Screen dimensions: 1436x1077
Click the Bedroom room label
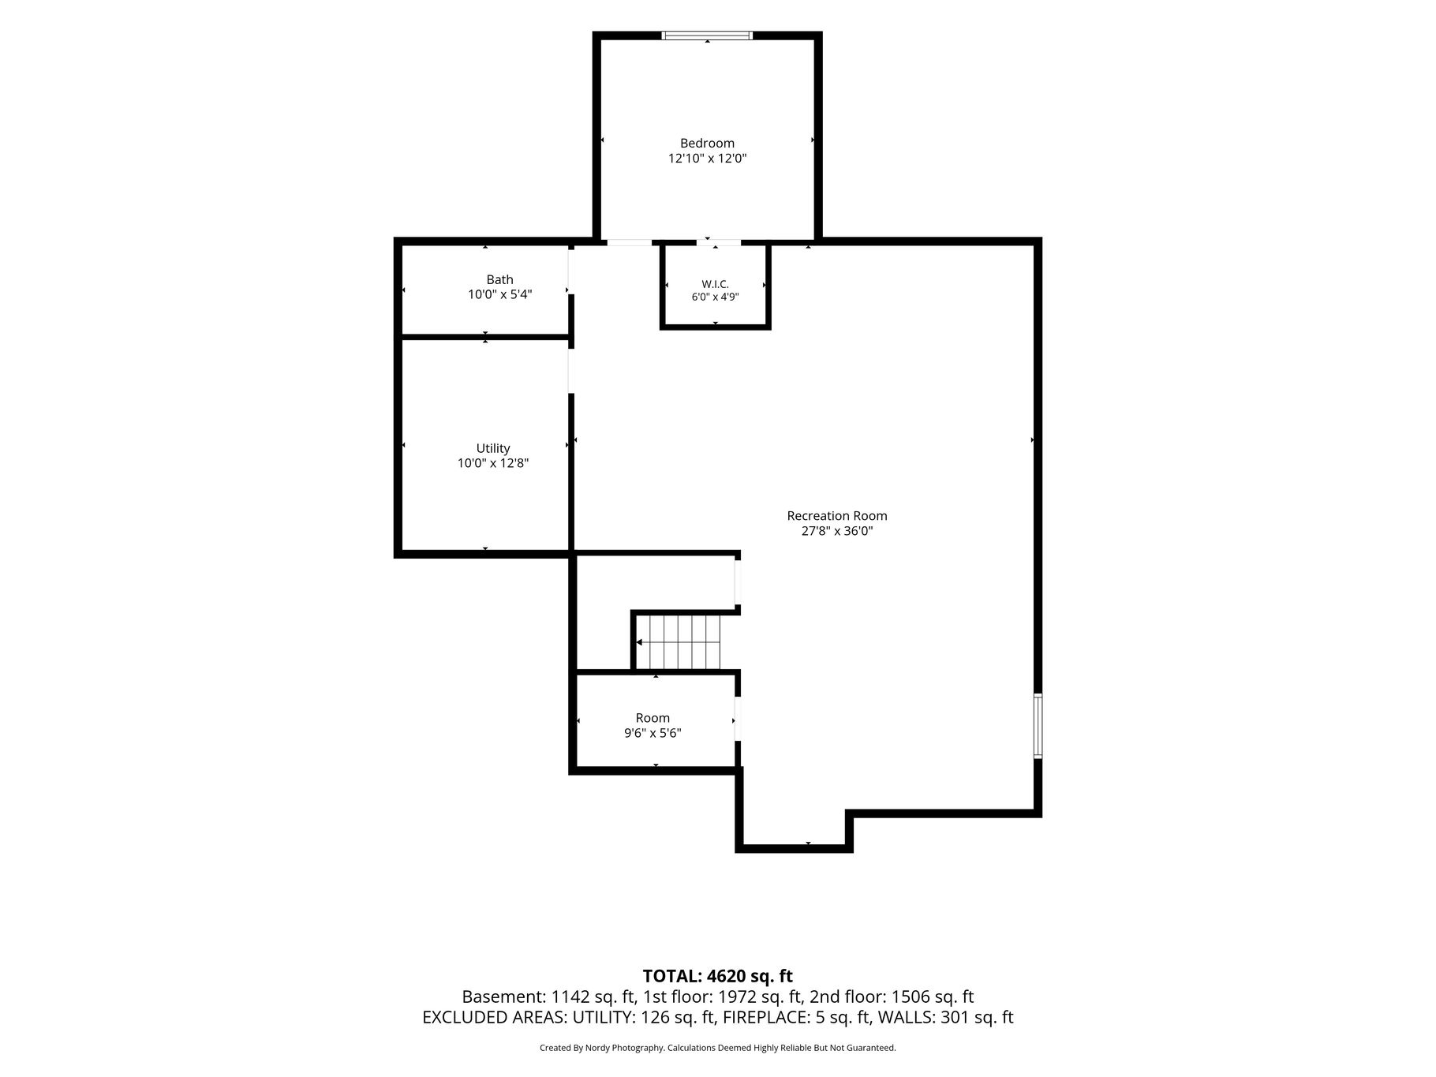pyautogui.click(x=707, y=143)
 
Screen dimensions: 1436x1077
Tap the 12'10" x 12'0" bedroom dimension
pyautogui.click(x=707, y=158)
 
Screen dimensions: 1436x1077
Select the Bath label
pyautogui.click(x=499, y=279)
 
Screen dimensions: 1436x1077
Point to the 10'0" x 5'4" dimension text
pyautogui.click(x=499, y=294)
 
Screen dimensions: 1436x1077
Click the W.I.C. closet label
pyautogui.click(x=715, y=284)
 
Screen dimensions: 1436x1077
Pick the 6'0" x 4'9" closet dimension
pyautogui.click(x=715, y=297)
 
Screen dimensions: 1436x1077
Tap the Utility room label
pyautogui.click(x=493, y=448)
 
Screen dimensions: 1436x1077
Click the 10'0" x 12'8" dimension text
pyautogui.click(x=493, y=463)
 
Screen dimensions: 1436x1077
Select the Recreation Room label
pyautogui.click(x=837, y=516)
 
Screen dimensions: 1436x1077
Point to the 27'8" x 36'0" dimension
pyautogui.click(x=837, y=531)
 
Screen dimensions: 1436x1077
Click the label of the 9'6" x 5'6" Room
pyautogui.click(x=653, y=718)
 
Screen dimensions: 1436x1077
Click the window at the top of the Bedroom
pyautogui.click(x=707, y=36)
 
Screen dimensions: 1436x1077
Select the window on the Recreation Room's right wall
pyautogui.click(x=1038, y=726)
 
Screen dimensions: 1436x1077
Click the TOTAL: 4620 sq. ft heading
pyautogui.click(x=717, y=977)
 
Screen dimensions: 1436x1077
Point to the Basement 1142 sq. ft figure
pyautogui.click(x=550, y=997)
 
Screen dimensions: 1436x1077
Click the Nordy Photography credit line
pyautogui.click(x=717, y=1048)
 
